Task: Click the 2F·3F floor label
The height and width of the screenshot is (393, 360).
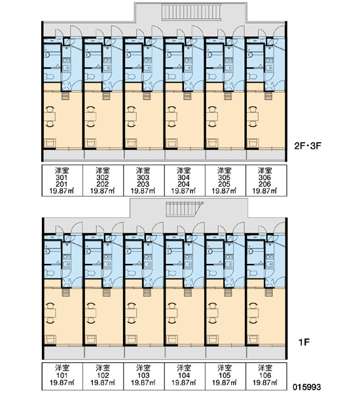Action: (308, 145)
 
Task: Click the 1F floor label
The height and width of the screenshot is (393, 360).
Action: (304, 342)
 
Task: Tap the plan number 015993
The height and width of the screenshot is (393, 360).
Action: (306, 387)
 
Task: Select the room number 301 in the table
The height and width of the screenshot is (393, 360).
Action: (62, 178)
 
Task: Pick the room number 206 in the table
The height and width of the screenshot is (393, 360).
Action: (265, 184)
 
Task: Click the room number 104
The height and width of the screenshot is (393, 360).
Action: (184, 375)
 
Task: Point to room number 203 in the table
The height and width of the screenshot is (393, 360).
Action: (143, 184)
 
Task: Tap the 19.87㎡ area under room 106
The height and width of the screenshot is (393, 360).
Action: (265, 383)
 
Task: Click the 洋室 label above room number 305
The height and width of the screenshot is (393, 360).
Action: (225, 171)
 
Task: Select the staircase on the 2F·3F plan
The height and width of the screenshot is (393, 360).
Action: (192, 12)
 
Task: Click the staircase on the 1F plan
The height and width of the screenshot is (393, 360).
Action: (185, 209)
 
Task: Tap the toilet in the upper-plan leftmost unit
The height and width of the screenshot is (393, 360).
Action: (49, 77)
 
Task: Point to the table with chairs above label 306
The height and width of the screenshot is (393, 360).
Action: (253, 117)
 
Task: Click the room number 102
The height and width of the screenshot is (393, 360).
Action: (102, 375)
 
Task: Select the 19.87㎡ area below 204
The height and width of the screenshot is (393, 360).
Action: (183, 191)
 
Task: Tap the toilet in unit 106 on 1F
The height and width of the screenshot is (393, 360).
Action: (252, 273)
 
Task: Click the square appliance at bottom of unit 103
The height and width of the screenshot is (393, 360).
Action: (131, 339)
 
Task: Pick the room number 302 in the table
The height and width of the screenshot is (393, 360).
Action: (102, 178)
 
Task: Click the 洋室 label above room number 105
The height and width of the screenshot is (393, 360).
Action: (225, 368)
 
